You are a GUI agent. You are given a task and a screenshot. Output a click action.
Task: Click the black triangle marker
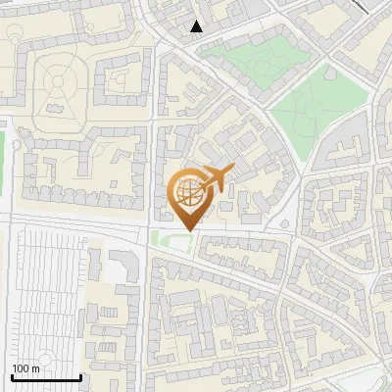tap(197, 26)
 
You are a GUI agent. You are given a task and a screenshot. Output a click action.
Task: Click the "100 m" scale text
tap(25, 368)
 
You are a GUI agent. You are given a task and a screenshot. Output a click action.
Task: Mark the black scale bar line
tap(46, 377)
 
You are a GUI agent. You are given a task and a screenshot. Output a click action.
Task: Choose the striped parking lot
tap(44, 294)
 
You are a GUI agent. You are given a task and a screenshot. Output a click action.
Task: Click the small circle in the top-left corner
tap(13, 29)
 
